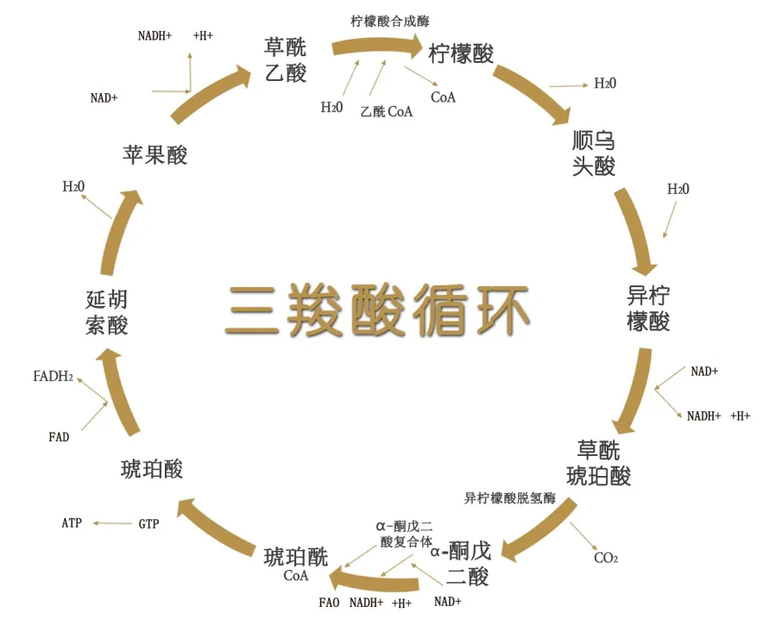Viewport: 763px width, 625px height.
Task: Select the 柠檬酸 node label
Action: pos(461,53)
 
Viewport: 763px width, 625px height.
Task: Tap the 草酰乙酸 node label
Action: pos(285,59)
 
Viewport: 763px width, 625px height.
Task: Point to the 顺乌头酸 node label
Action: pos(594,153)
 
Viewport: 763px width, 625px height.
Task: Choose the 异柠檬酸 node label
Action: pos(648,308)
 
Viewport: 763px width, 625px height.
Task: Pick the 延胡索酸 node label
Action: pos(107,312)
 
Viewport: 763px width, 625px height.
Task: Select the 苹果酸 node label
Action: pos(155,154)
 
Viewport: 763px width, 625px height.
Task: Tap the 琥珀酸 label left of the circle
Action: pos(152,469)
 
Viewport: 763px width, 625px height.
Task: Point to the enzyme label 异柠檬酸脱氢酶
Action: pos(509,497)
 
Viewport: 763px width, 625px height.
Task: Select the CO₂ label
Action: pos(606,558)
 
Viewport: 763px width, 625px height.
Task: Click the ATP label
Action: pos(73,523)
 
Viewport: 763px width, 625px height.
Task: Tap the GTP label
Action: pos(148,523)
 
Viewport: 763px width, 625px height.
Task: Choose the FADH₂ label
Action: pos(53,377)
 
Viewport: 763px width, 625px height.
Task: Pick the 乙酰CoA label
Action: pos(386,111)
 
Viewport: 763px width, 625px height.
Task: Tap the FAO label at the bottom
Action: pos(329,602)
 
